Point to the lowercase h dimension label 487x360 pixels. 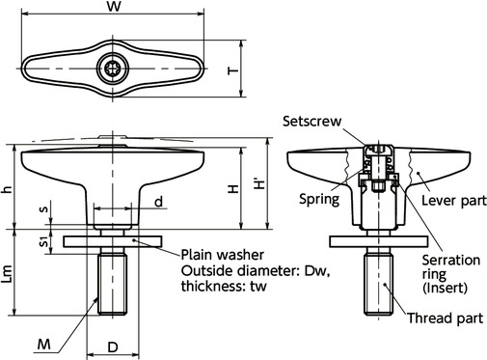coord(9,190)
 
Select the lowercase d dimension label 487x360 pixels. coord(158,202)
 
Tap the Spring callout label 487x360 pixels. coord(317,201)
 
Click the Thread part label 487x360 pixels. coord(442,318)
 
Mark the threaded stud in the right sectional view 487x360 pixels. coord(379,284)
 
